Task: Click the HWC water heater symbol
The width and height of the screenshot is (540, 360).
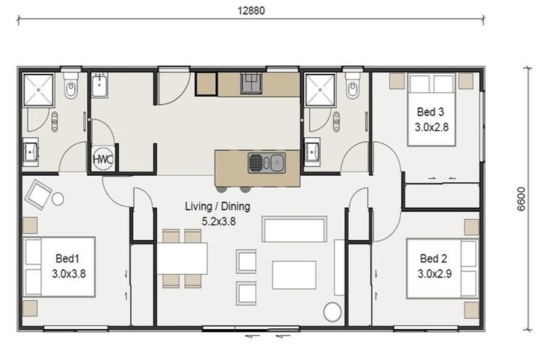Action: click(103, 159)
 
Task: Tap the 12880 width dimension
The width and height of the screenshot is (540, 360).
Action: click(252, 11)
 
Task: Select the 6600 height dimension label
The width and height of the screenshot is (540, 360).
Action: click(521, 199)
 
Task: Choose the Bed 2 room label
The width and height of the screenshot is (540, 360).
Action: click(433, 258)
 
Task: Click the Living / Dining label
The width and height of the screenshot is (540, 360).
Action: click(218, 206)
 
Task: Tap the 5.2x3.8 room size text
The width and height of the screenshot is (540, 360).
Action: click(219, 221)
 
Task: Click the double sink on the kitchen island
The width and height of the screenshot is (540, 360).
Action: click(266, 162)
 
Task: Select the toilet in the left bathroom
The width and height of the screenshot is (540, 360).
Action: click(71, 86)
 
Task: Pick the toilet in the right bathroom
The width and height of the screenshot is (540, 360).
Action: click(353, 86)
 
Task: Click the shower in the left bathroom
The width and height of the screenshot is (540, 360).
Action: click(38, 90)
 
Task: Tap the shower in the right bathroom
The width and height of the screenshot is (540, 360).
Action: click(321, 90)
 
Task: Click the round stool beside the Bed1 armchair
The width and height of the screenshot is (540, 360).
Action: click(58, 199)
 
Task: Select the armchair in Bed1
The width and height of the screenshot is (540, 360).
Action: click(38, 195)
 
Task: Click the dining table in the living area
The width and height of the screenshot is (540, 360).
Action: click(183, 258)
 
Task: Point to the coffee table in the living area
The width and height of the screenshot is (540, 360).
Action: click(294, 275)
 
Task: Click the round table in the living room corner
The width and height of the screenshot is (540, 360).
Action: click(333, 311)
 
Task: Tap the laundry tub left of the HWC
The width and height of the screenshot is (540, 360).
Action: click(100, 85)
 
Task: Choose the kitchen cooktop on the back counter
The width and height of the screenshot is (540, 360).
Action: click(251, 83)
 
